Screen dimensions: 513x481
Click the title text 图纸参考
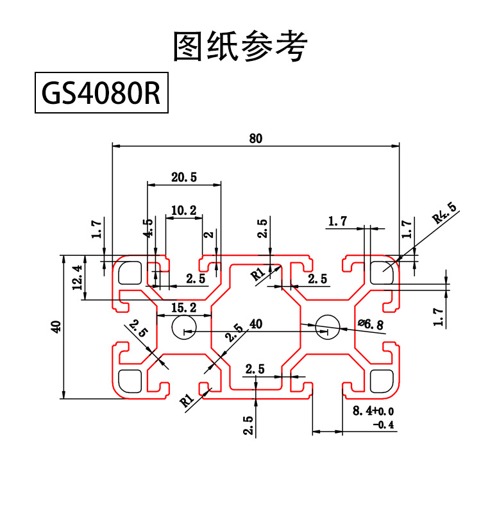click(x=240, y=46)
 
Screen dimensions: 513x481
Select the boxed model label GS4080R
click(x=101, y=94)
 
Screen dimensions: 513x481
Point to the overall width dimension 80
click(x=256, y=138)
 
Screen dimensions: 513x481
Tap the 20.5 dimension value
click(x=184, y=178)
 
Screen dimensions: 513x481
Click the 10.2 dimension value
click(x=183, y=210)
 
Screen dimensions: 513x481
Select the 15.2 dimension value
click(x=183, y=308)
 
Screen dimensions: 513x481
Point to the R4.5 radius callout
click(x=444, y=213)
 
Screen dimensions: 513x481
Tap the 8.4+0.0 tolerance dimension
click(x=373, y=411)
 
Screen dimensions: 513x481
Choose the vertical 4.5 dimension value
click(x=148, y=230)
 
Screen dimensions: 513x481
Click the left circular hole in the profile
click(x=184, y=328)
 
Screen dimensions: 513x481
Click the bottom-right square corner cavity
click(x=382, y=381)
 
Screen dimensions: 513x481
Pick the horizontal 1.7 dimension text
click(x=337, y=222)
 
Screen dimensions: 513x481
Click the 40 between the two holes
click(x=256, y=324)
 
